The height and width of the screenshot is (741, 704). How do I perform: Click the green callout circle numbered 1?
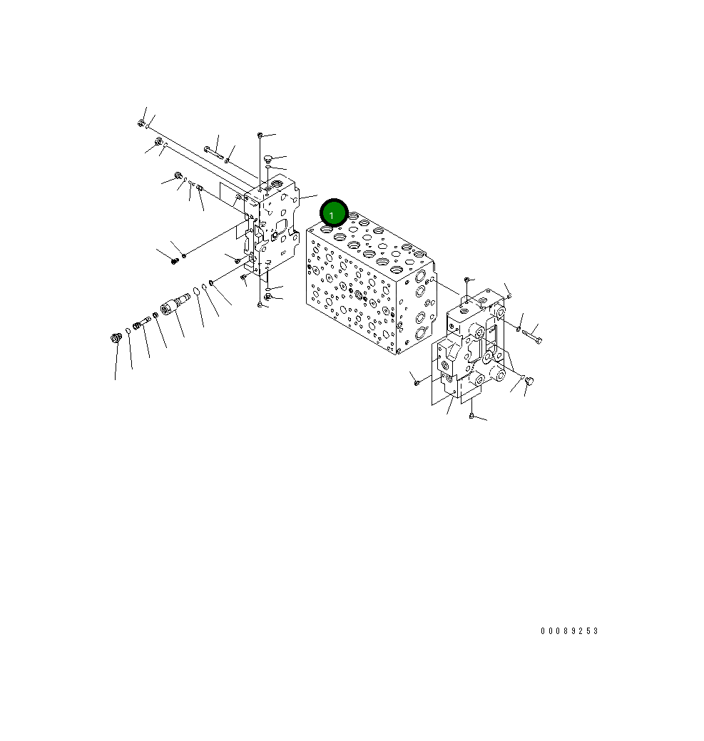click(334, 213)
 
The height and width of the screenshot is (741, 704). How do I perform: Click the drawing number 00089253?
click(569, 631)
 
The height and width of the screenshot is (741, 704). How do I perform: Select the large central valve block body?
click(370, 284)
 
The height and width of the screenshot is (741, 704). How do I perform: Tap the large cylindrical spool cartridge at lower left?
click(174, 304)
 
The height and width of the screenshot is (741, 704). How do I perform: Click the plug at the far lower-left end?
click(116, 338)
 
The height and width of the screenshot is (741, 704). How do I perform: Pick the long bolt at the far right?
click(531, 337)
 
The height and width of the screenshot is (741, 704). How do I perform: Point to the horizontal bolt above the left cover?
click(213, 152)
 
